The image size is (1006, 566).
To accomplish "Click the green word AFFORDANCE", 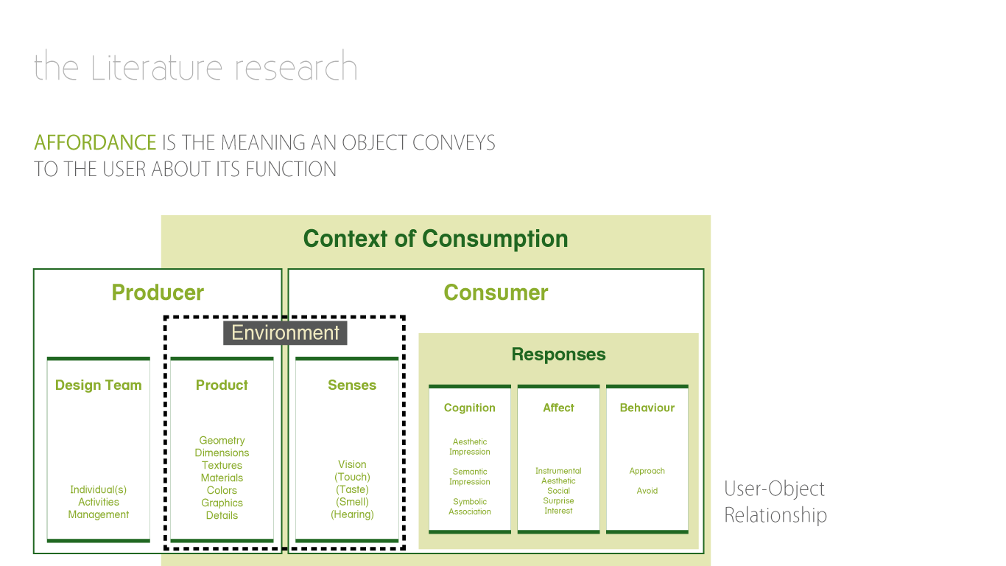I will pyautogui.click(x=95, y=142).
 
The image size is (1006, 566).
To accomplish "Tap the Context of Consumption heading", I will pyautogui.click(x=435, y=239).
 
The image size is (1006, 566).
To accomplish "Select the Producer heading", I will pyautogui.click(x=158, y=293).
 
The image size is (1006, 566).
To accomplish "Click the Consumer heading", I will pyautogui.click(x=496, y=293).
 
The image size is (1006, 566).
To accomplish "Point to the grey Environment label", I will pyautogui.click(x=285, y=333).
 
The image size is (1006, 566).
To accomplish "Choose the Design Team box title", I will pyautogui.click(x=98, y=385).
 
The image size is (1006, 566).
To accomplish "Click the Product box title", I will pyautogui.click(x=222, y=385).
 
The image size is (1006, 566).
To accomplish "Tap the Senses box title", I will pyautogui.click(x=352, y=385).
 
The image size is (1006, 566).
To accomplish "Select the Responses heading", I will pyautogui.click(x=558, y=354).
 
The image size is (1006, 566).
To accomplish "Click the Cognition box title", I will pyautogui.click(x=470, y=408).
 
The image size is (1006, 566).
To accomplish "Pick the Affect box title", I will pyautogui.click(x=558, y=408).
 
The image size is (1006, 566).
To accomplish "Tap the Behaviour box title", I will pyautogui.click(x=647, y=408).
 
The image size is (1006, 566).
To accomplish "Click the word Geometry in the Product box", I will pyautogui.click(x=222, y=441).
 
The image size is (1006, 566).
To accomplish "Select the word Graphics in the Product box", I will pyautogui.click(x=222, y=503).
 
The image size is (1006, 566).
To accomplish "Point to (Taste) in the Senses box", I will pyautogui.click(x=352, y=490).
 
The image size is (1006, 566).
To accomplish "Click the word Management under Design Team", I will pyautogui.click(x=99, y=515).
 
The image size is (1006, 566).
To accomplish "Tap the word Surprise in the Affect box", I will pyautogui.click(x=558, y=501).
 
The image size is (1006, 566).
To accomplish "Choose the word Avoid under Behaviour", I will pyautogui.click(x=647, y=491).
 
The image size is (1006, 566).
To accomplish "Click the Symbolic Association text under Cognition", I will pyautogui.click(x=470, y=507).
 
